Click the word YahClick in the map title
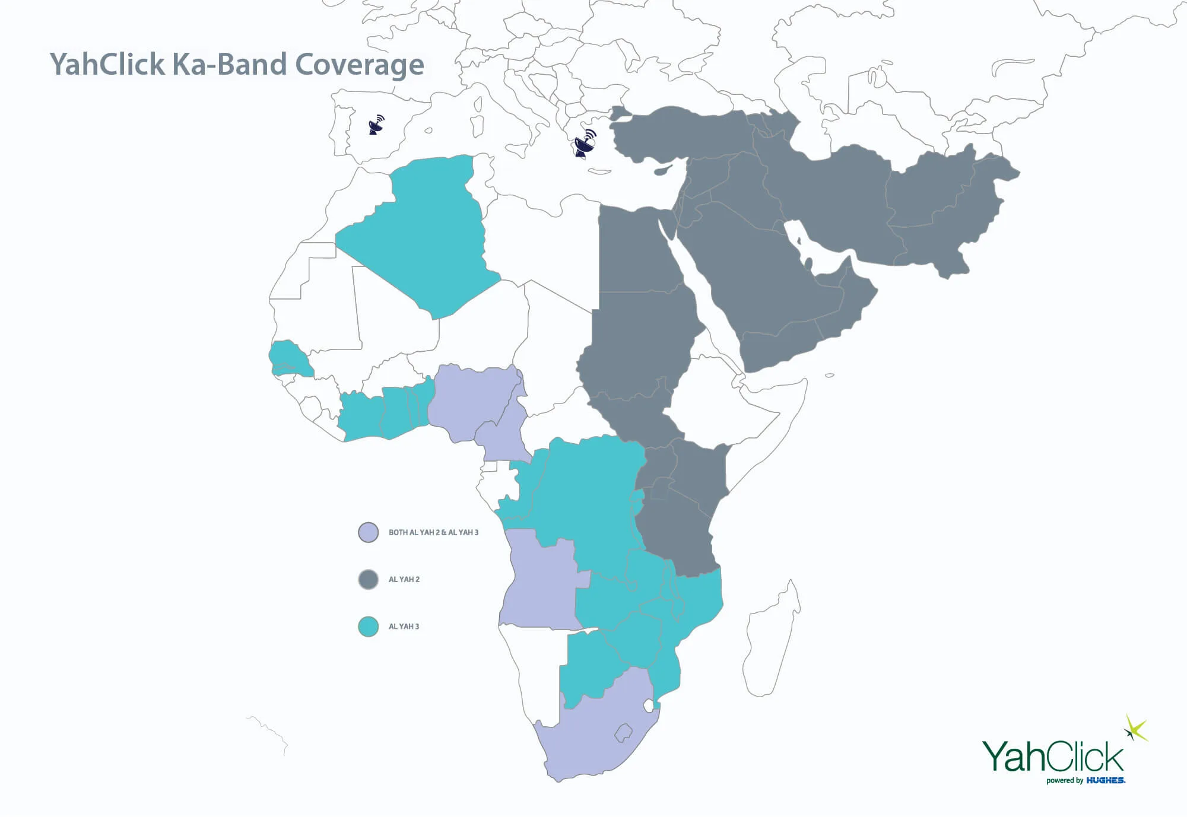pos(107,64)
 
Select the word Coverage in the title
pos(359,65)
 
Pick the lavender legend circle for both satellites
pos(369,532)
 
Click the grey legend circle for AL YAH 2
pos(369,579)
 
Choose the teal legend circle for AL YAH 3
pos(369,627)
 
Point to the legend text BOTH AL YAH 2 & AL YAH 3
pos(433,532)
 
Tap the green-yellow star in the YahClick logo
pos(1135,729)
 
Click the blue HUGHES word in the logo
pos(1106,780)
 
